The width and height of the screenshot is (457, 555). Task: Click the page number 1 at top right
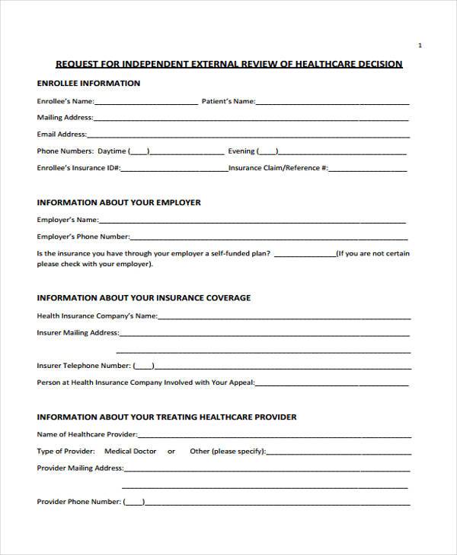pos(420,46)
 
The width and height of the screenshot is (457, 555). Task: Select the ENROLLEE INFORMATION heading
pos(88,84)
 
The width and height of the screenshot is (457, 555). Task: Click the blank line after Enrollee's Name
pos(146,101)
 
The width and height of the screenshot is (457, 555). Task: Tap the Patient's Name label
pos(228,101)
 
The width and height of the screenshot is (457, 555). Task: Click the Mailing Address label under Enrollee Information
pos(65,118)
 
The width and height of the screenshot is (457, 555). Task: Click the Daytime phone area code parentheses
pos(139,151)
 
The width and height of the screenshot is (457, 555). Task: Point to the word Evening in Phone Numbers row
pos(241,151)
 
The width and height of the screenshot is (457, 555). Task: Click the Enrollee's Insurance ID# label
pos(78,168)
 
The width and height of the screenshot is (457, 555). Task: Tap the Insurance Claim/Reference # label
pos(279,168)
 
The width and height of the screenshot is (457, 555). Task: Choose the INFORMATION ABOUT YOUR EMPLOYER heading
pos(119,203)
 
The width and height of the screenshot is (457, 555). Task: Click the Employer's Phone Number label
pos(83,236)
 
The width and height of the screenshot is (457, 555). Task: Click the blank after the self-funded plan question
pos(305,254)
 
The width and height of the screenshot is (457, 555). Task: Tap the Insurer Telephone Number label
pos(84,366)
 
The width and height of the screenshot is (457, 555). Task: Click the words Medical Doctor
pos(130,451)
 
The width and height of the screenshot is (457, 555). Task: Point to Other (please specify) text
pos(228,451)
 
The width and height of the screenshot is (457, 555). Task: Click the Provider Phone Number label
pos(79,502)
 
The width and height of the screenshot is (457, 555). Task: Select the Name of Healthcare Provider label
pos(87,434)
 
